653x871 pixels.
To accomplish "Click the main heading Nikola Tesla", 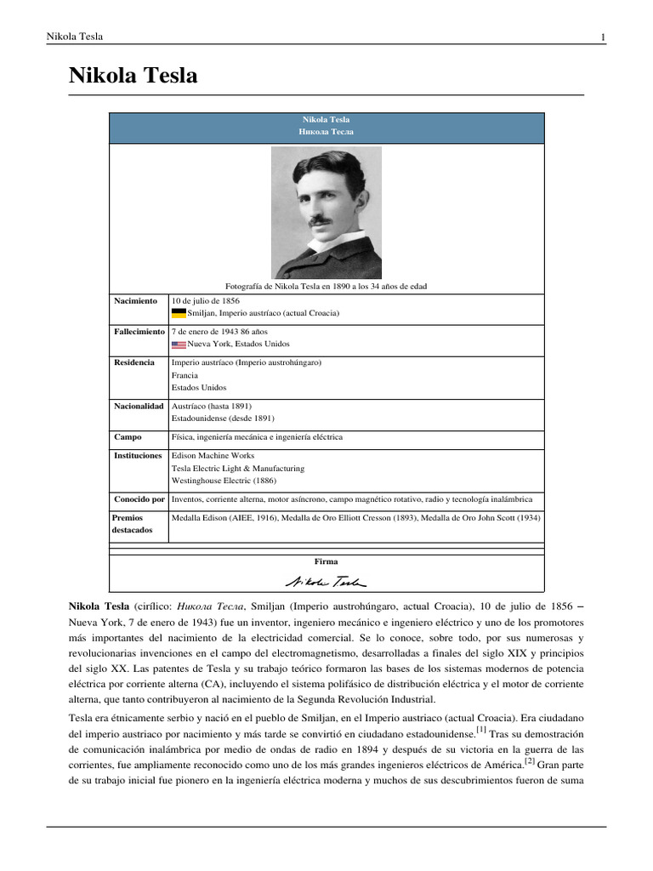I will (x=133, y=76).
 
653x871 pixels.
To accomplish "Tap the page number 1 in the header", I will (x=603, y=37).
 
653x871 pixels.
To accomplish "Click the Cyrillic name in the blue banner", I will (x=326, y=133).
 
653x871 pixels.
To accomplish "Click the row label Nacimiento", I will (x=136, y=301).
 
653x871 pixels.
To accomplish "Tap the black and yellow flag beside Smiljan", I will (x=179, y=313).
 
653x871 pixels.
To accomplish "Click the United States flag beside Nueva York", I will (x=179, y=344).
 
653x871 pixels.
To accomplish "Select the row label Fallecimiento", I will (x=139, y=332).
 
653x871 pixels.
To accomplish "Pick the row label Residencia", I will (x=134, y=362).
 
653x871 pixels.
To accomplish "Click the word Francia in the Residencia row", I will (x=185, y=375).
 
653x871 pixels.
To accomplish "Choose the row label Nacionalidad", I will (x=139, y=407).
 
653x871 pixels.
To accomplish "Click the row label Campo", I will (x=128, y=437).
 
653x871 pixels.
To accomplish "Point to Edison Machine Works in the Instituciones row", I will (x=213, y=456).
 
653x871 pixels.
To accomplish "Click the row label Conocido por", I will (x=139, y=499).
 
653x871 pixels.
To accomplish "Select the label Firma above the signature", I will (x=326, y=561).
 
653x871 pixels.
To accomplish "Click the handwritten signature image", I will (x=326, y=581).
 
